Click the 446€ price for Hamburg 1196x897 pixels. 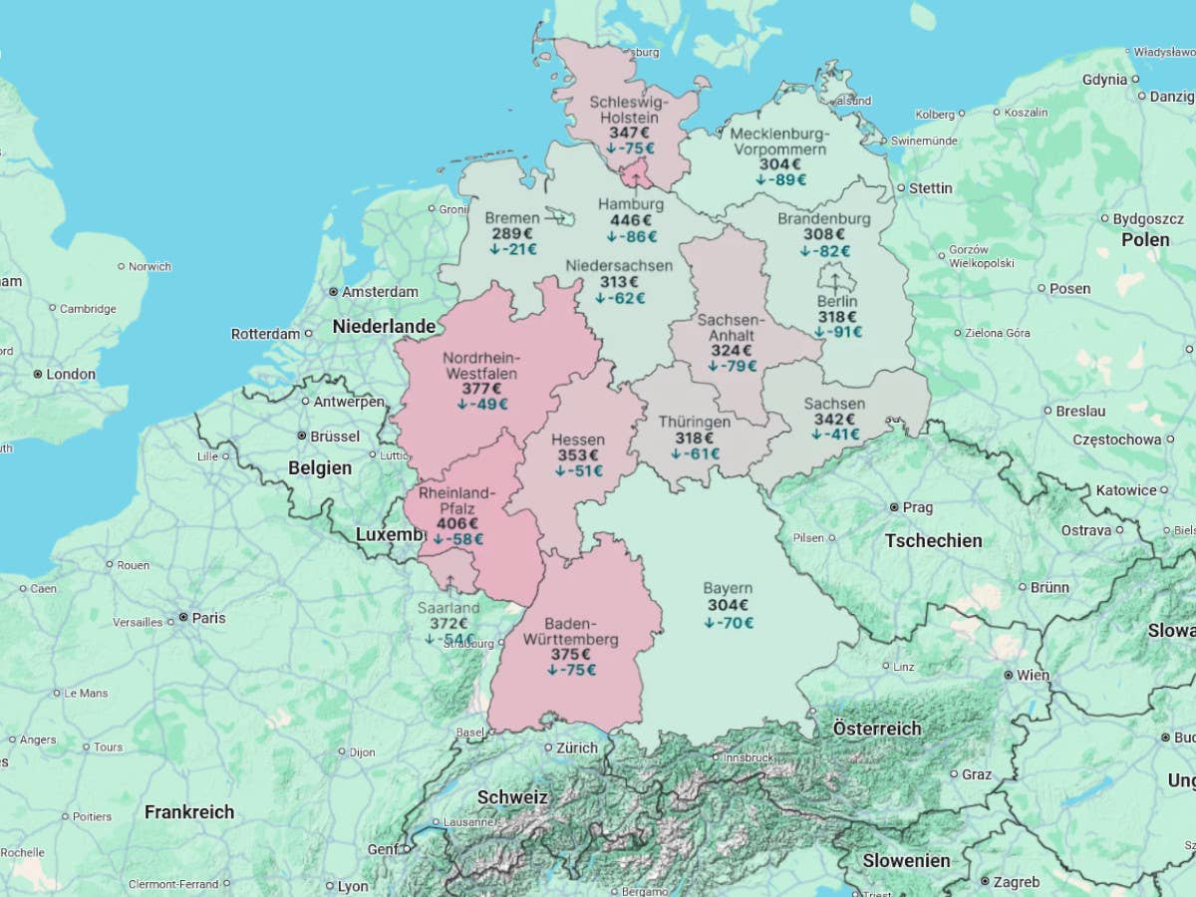coord(631,220)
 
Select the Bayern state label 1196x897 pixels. coord(728,588)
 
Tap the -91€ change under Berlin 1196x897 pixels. coord(837,332)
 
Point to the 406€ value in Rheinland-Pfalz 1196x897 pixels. coord(456,523)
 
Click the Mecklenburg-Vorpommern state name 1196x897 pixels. coord(779,142)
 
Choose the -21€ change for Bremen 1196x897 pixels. coord(512,249)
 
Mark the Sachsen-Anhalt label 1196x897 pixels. coord(731,327)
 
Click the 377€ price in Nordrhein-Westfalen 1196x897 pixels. coord(481,389)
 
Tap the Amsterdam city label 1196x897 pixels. coord(380,292)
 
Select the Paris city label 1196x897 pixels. coord(208,618)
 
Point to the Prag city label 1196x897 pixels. coord(917,507)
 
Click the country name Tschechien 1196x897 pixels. coord(933,541)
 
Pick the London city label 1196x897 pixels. coord(72,374)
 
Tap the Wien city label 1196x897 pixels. coord(1032,675)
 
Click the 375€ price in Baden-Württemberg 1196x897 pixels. coord(571,655)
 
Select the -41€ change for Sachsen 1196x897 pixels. coord(835,435)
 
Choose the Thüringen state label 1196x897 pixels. coord(694,422)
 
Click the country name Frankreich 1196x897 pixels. coord(189,812)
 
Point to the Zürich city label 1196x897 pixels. coord(577,747)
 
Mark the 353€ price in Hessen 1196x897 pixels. coord(578,455)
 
